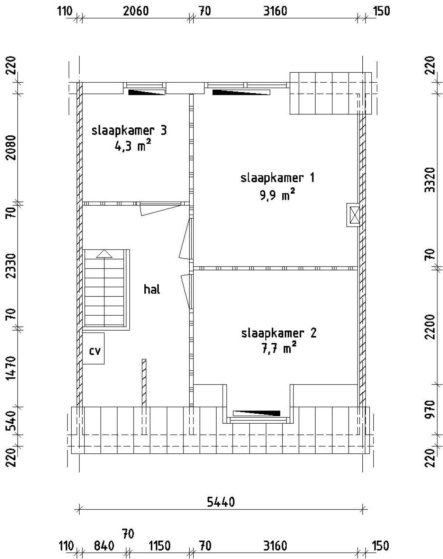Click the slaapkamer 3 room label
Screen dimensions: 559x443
tap(129, 131)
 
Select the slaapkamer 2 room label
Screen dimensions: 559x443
tap(279, 333)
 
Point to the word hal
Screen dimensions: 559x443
tap(152, 289)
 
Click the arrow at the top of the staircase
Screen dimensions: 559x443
tap(104, 254)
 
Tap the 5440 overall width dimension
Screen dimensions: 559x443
tap(221, 502)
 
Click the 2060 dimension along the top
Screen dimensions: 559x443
tap(136, 11)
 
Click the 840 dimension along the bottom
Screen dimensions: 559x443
tap(104, 546)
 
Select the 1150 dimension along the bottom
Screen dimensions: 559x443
tap(160, 546)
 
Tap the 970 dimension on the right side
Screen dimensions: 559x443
tap(430, 409)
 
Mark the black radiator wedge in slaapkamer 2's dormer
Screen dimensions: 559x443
tap(257, 413)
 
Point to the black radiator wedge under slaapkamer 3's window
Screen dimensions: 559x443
tap(146, 92)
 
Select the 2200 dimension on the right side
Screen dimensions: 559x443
tap(430, 327)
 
